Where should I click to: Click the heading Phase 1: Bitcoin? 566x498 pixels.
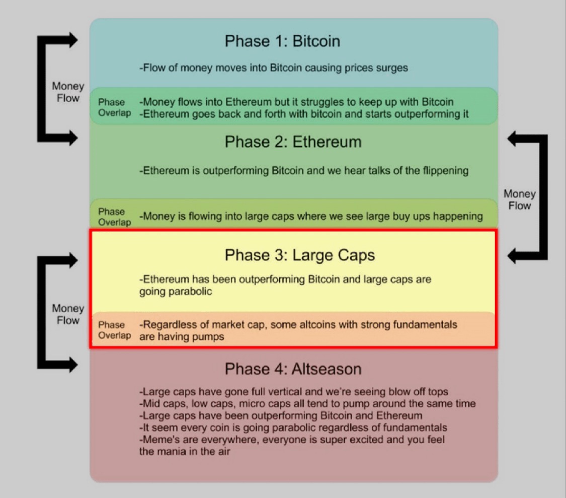click(282, 41)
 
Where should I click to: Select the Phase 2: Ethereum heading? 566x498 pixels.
click(293, 142)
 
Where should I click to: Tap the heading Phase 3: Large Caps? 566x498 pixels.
click(299, 255)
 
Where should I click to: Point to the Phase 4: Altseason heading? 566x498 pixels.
click(293, 369)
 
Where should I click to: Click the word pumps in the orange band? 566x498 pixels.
click(208, 337)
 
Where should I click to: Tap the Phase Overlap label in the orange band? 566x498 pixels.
click(114, 330)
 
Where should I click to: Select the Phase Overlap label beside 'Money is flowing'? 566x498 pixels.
click(114, 217)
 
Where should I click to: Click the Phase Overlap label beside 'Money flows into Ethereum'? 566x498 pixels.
click(114, 107)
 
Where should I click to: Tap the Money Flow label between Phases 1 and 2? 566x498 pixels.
click(68, 92)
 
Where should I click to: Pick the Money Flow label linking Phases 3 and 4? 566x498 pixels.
click(68, 314)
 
